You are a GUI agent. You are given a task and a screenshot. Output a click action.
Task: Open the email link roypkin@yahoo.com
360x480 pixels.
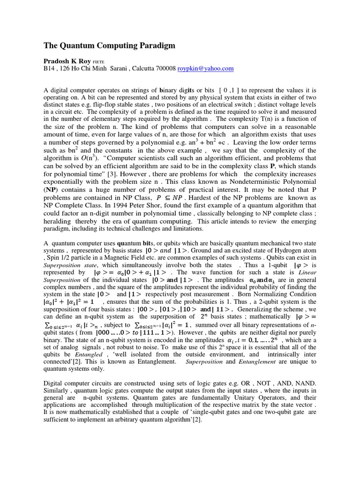pos(205,68)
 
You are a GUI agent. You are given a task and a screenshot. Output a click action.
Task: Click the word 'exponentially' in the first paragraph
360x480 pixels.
pos(65,181)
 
